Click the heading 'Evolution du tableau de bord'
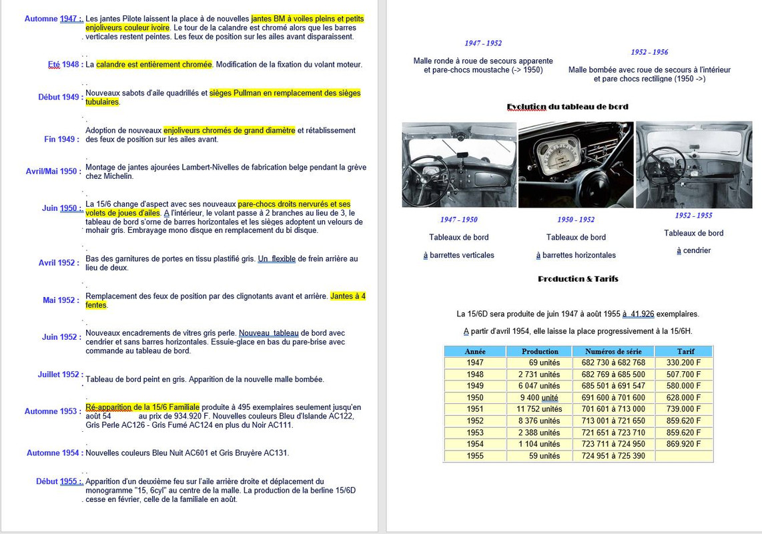pyautogui.click(x=568, y=107)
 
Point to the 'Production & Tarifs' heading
pyautogui.click(x=578, y=278)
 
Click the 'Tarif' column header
pyautogui.click(x=686, y=351)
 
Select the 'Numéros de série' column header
pyautogui.click(x=613, y=351)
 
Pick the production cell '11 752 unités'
pyautogui.click(x=539, y=409)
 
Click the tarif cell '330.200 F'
pyautogui.click(x=684, y=362)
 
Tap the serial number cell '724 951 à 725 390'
pyautogui.click(x=613, y=456)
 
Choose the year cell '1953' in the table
pyautogui.click(x=475, y=433)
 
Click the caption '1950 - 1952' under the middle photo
pyautogui.click(x=576, y=220)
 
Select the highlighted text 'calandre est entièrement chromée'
pyautogui.click(x=154, y=64)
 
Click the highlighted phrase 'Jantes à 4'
pyautogui.click(x=348, y=296)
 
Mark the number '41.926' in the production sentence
pyautogui.click(x=643, y=314)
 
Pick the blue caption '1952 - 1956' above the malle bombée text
pyautogui.click(x=649, y=52)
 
